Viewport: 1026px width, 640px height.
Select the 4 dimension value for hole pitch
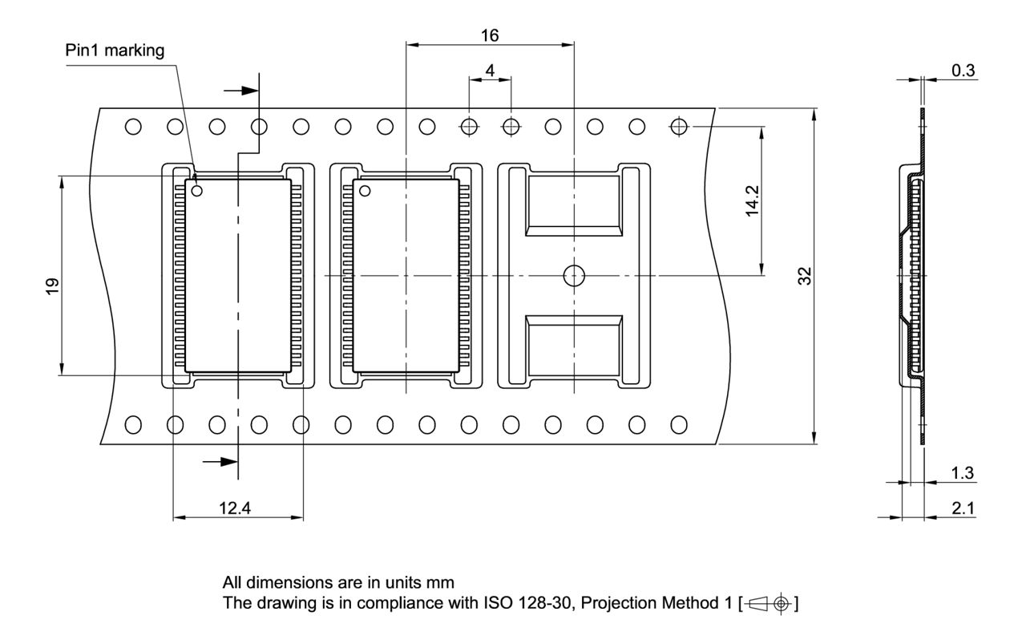click(x=490, y=70)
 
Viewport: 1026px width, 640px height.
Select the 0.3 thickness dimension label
click(x=963, y=71)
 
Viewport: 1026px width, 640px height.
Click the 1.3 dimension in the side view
click(x=963, y=473)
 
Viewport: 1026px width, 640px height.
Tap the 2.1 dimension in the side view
click(x=963, y=508)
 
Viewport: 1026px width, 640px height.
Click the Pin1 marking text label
click(x=115, y=51)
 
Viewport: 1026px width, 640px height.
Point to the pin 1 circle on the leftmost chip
click(x=197, y=191)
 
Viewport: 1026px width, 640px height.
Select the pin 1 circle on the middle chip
click(x=365, y=191)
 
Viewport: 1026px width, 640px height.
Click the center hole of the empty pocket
click(x=573, y=275)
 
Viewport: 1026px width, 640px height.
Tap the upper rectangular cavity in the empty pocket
click(x=573, y=205)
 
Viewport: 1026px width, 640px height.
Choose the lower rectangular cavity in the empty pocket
click(x=573, y=345)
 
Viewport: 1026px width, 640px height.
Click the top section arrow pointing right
click(x=240, y=90)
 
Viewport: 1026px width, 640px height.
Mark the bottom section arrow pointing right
click(x=220, y=461)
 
